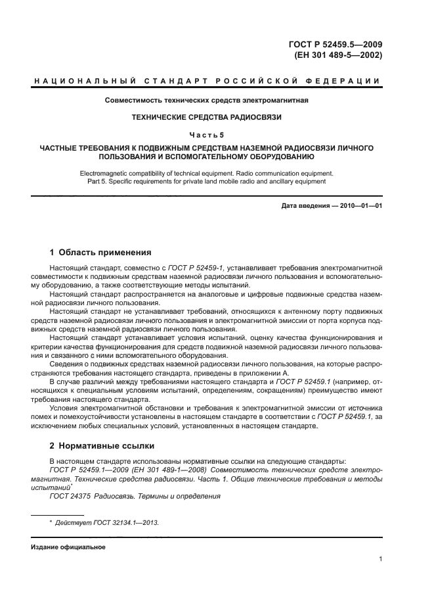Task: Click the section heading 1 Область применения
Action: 101,252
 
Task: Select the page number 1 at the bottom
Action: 381,560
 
